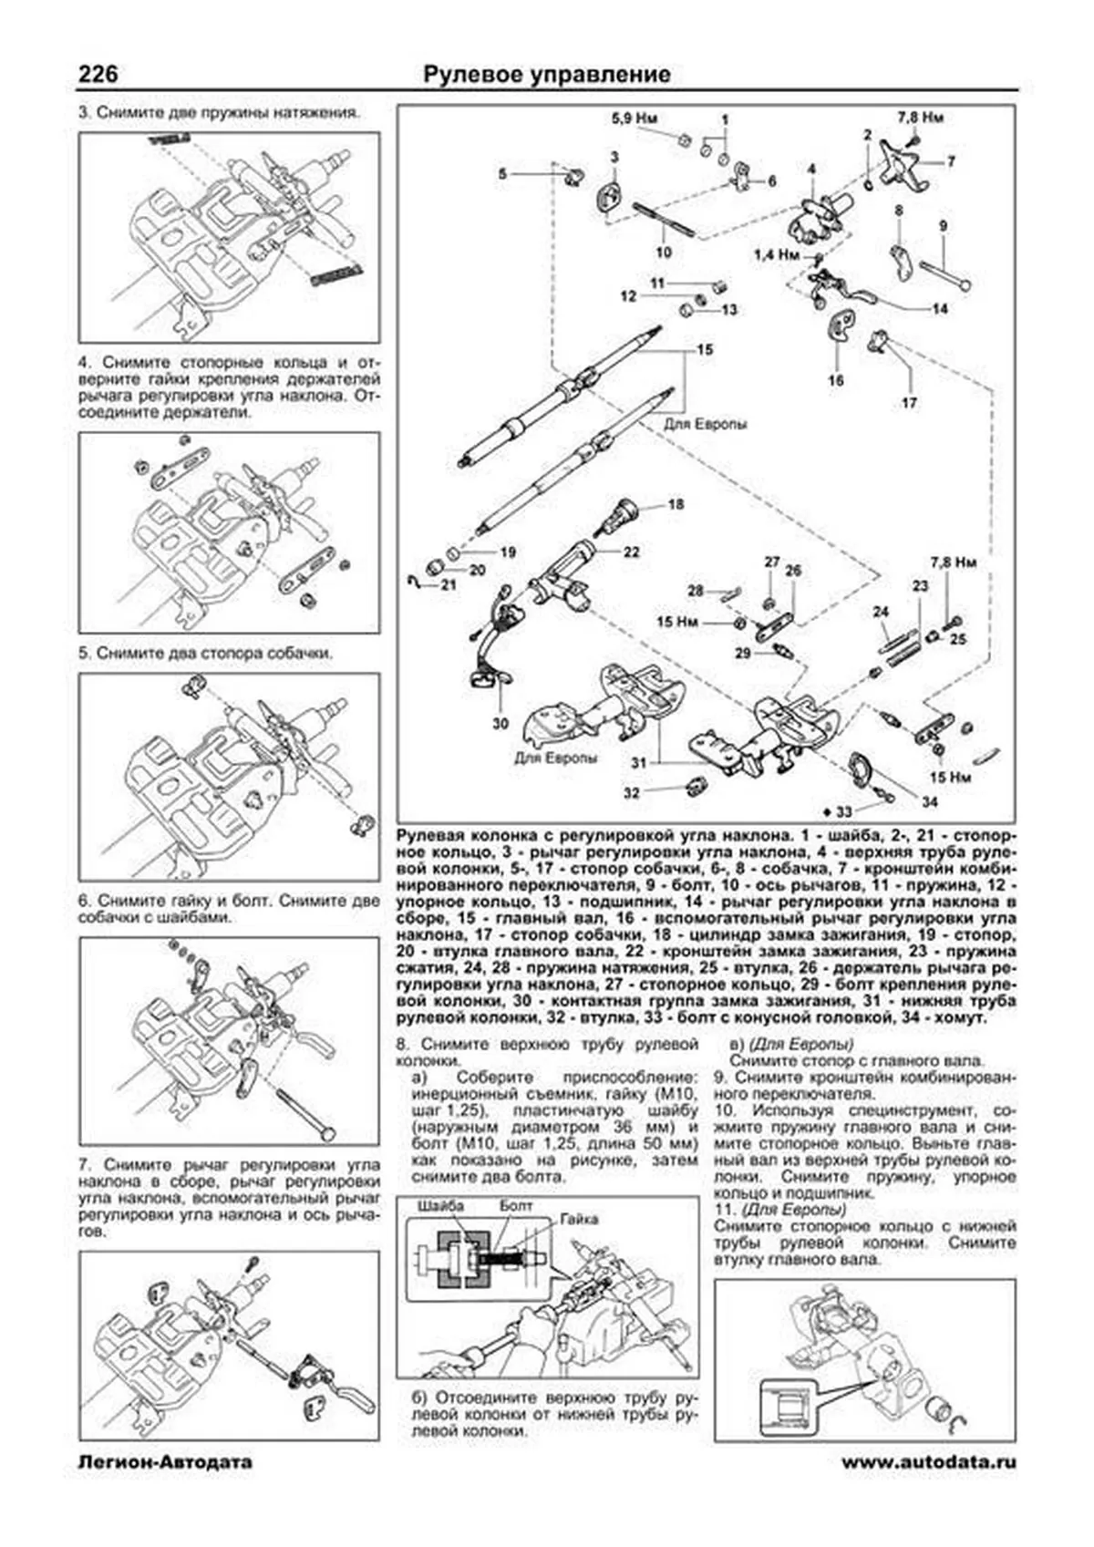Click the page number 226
coord(97,74)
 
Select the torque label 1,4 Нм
coord(777,254)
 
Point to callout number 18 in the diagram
coord(676,504)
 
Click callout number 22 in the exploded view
coord(632,552)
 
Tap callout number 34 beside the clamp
coord(929,802)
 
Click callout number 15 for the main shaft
coord(705,350)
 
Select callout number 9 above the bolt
coord(943,225)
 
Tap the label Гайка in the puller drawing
coord(580,1218)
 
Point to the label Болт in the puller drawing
coord(516,1205)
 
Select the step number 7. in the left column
coord(86,1165)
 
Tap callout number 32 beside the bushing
coord(632,793)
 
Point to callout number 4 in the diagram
coord(811,169)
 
